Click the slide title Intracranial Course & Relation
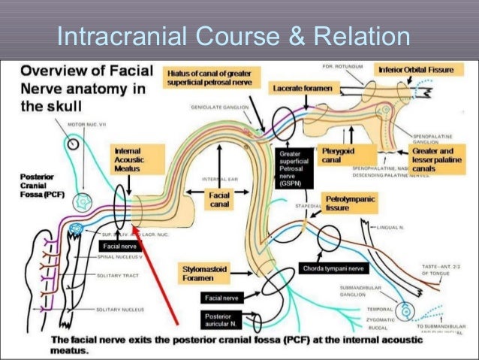[233, 35]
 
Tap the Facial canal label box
[220, 199]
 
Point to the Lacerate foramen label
[301, 88]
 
